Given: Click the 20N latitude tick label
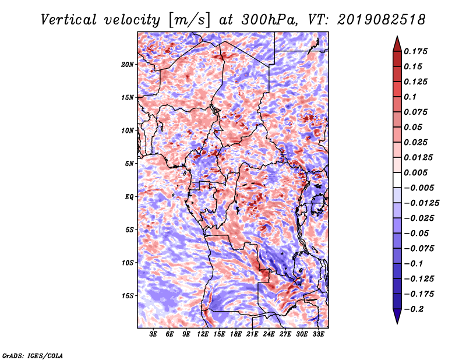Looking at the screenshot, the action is pos(128,65).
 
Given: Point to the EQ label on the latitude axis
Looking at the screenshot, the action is pos(129,197).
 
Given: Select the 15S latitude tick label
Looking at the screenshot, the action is pos(128,296).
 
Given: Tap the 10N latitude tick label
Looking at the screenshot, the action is pos(128,130).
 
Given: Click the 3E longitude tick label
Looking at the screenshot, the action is pos(153,334).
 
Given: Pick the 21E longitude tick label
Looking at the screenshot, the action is pos(252,334).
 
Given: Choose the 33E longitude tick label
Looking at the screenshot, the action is pos(318,334).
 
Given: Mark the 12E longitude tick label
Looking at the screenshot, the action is pos(202,334).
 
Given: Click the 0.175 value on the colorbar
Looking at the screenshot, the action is pos(415,51).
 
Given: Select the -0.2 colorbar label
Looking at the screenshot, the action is pos(414,309).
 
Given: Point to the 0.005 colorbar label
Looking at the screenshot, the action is pos(415,172).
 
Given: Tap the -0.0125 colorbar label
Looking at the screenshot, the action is pos(421,203).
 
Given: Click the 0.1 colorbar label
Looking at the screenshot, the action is pos(410,97).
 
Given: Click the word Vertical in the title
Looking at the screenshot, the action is pos(69,20).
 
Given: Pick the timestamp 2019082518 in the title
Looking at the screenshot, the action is pos(382,20).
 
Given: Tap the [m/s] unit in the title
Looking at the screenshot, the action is pos(189,20).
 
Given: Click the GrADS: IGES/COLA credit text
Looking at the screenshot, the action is pos(33,355).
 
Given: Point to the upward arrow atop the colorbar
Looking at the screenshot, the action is pos(397,44).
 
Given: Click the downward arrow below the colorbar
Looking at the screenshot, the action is pos(397,316).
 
